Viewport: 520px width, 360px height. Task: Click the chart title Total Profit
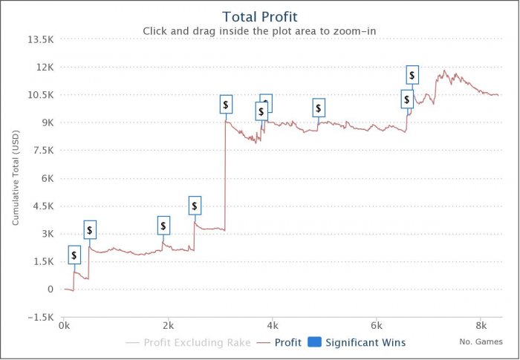tap(259, 16)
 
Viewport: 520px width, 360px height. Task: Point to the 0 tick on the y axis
tap(51, 289)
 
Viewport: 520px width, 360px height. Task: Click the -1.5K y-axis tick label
tap(42, 318)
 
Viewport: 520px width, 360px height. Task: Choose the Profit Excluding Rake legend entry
tap(192, 343)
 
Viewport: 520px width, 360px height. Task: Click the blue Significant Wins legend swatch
tap(314, 343)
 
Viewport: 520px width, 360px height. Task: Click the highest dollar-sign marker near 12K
tap(412, 75)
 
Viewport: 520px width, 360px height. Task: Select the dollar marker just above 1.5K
tap(74, 255)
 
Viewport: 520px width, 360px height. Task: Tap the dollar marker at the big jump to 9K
tap(226, 105)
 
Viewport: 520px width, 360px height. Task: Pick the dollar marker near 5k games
tap(319, 108)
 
